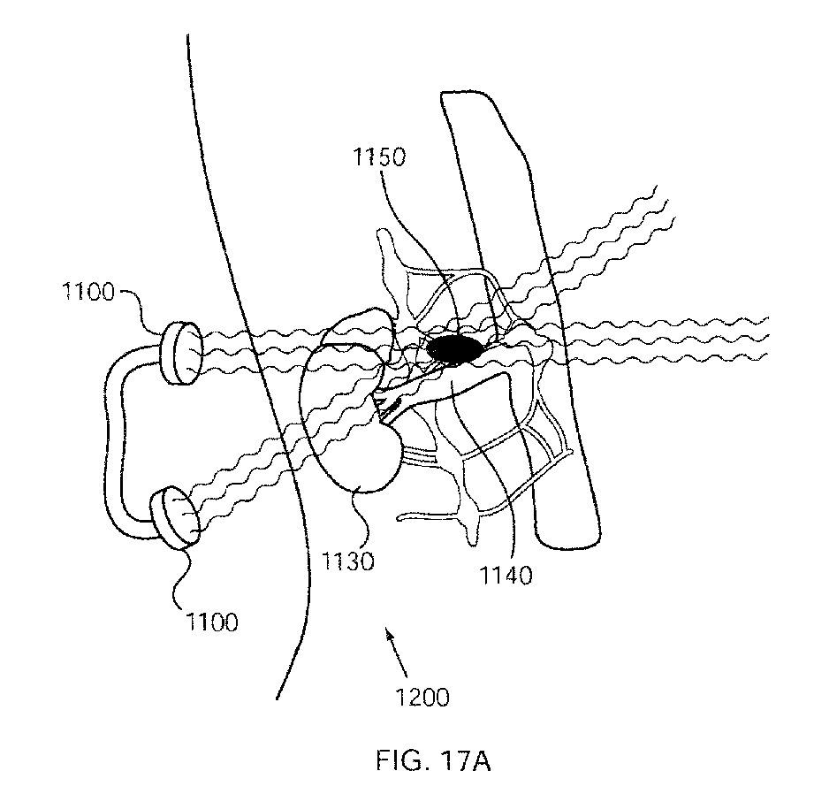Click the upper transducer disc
click(x=181, y=352)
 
